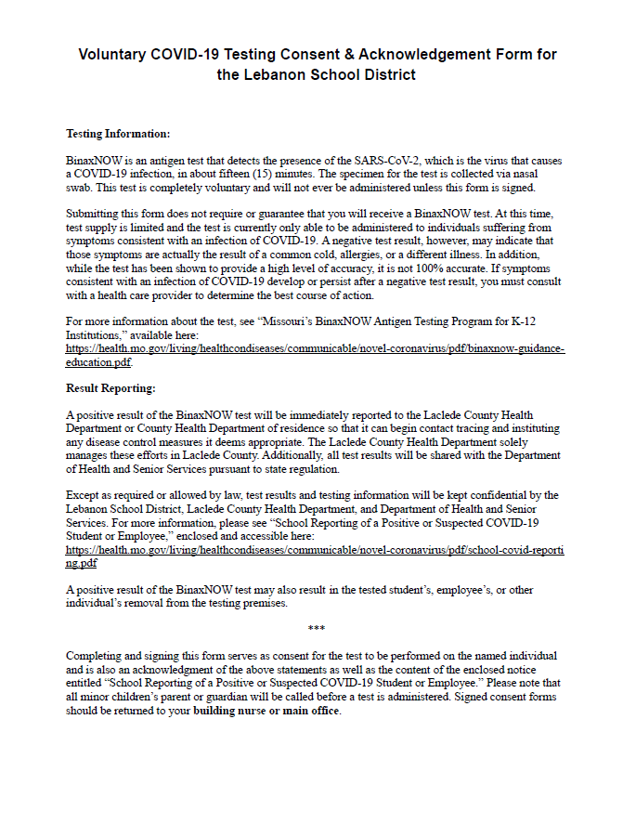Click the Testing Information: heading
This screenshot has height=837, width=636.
118,134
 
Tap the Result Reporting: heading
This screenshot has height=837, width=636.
110,387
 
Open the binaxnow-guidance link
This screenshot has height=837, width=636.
314,348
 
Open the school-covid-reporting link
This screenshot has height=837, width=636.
314,549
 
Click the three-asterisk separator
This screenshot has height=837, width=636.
316,630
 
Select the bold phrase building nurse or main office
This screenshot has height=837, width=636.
266,711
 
